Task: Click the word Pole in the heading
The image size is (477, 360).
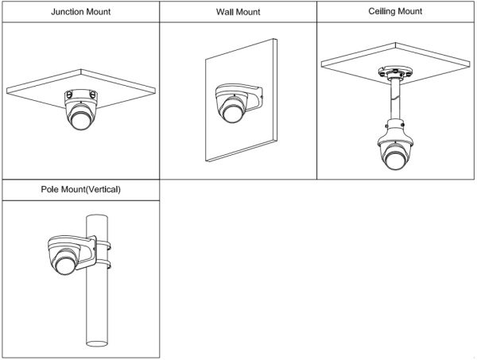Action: pyautogui.click(x=52, y=190)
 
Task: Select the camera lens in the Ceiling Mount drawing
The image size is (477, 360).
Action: pyautogui.click(x=396, y=164)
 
